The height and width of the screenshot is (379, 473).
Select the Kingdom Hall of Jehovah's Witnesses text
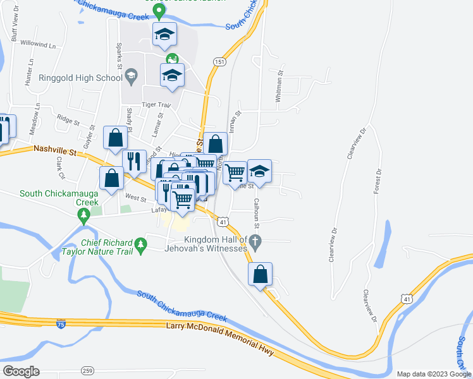[x=215, y=244]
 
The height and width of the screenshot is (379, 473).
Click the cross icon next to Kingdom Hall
[x=255, y=241]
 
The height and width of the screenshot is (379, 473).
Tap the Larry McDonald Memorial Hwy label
[x=220, y=339]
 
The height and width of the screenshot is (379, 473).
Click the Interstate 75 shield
[x=60, y=324]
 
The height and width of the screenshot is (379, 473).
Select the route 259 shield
[x=87, y=370]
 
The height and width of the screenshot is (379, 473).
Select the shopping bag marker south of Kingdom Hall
[x=260, y=275]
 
